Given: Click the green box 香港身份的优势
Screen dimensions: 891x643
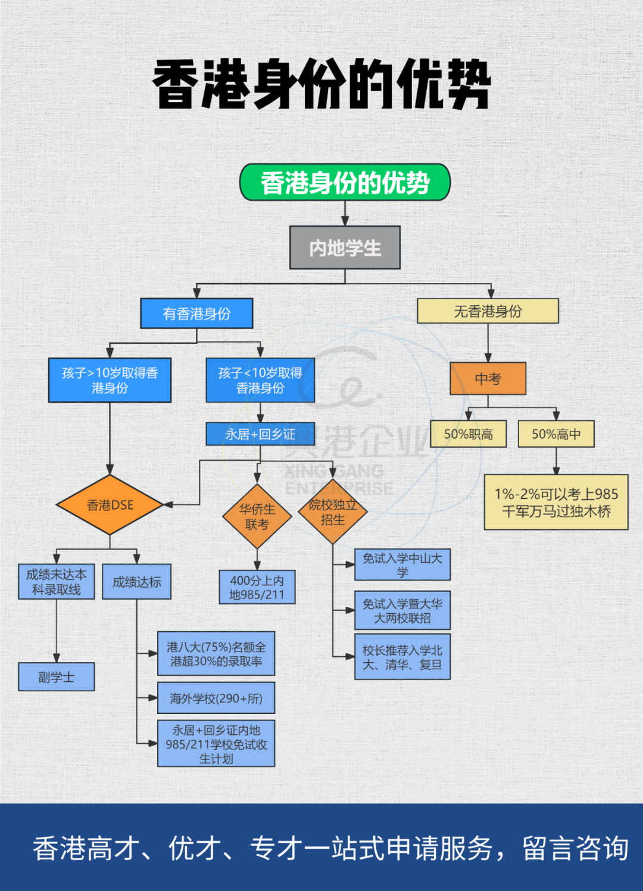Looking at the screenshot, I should click(345, 182).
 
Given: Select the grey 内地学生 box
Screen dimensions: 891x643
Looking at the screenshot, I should click(345, 247).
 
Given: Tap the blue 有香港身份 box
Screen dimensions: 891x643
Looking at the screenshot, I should click(196, 313).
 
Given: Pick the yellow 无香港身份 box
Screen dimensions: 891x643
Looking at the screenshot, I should click(488, 311).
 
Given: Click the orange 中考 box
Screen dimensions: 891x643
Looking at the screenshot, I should click(488, 378).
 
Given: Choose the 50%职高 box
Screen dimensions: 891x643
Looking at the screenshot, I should click(468, 434).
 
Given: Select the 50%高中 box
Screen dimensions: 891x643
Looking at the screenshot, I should click(556, 434).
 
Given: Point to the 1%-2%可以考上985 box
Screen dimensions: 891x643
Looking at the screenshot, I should click(556, 502).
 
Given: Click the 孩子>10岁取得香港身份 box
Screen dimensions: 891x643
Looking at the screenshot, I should click(110, 380).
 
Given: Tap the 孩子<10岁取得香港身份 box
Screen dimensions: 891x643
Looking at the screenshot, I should click(260, 380).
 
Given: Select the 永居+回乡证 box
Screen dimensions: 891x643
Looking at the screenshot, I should click(260, 434).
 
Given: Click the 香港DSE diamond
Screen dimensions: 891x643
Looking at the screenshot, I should click(110, 505).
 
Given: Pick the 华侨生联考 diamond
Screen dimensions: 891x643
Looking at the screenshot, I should click(257, 516).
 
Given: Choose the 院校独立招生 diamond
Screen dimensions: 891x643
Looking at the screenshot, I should click(333, 511).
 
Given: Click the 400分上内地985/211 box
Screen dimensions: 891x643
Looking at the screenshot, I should click(257, 587).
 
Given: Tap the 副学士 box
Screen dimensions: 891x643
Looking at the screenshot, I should click(57, 676).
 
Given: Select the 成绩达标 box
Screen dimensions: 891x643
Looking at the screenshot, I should click(137, 582).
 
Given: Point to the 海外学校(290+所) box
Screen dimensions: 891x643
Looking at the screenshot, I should click(216, 698).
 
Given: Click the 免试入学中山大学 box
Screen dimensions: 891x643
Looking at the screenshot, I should click(402, 564).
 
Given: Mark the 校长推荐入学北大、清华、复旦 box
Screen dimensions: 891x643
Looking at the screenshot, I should click(402, 657).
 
